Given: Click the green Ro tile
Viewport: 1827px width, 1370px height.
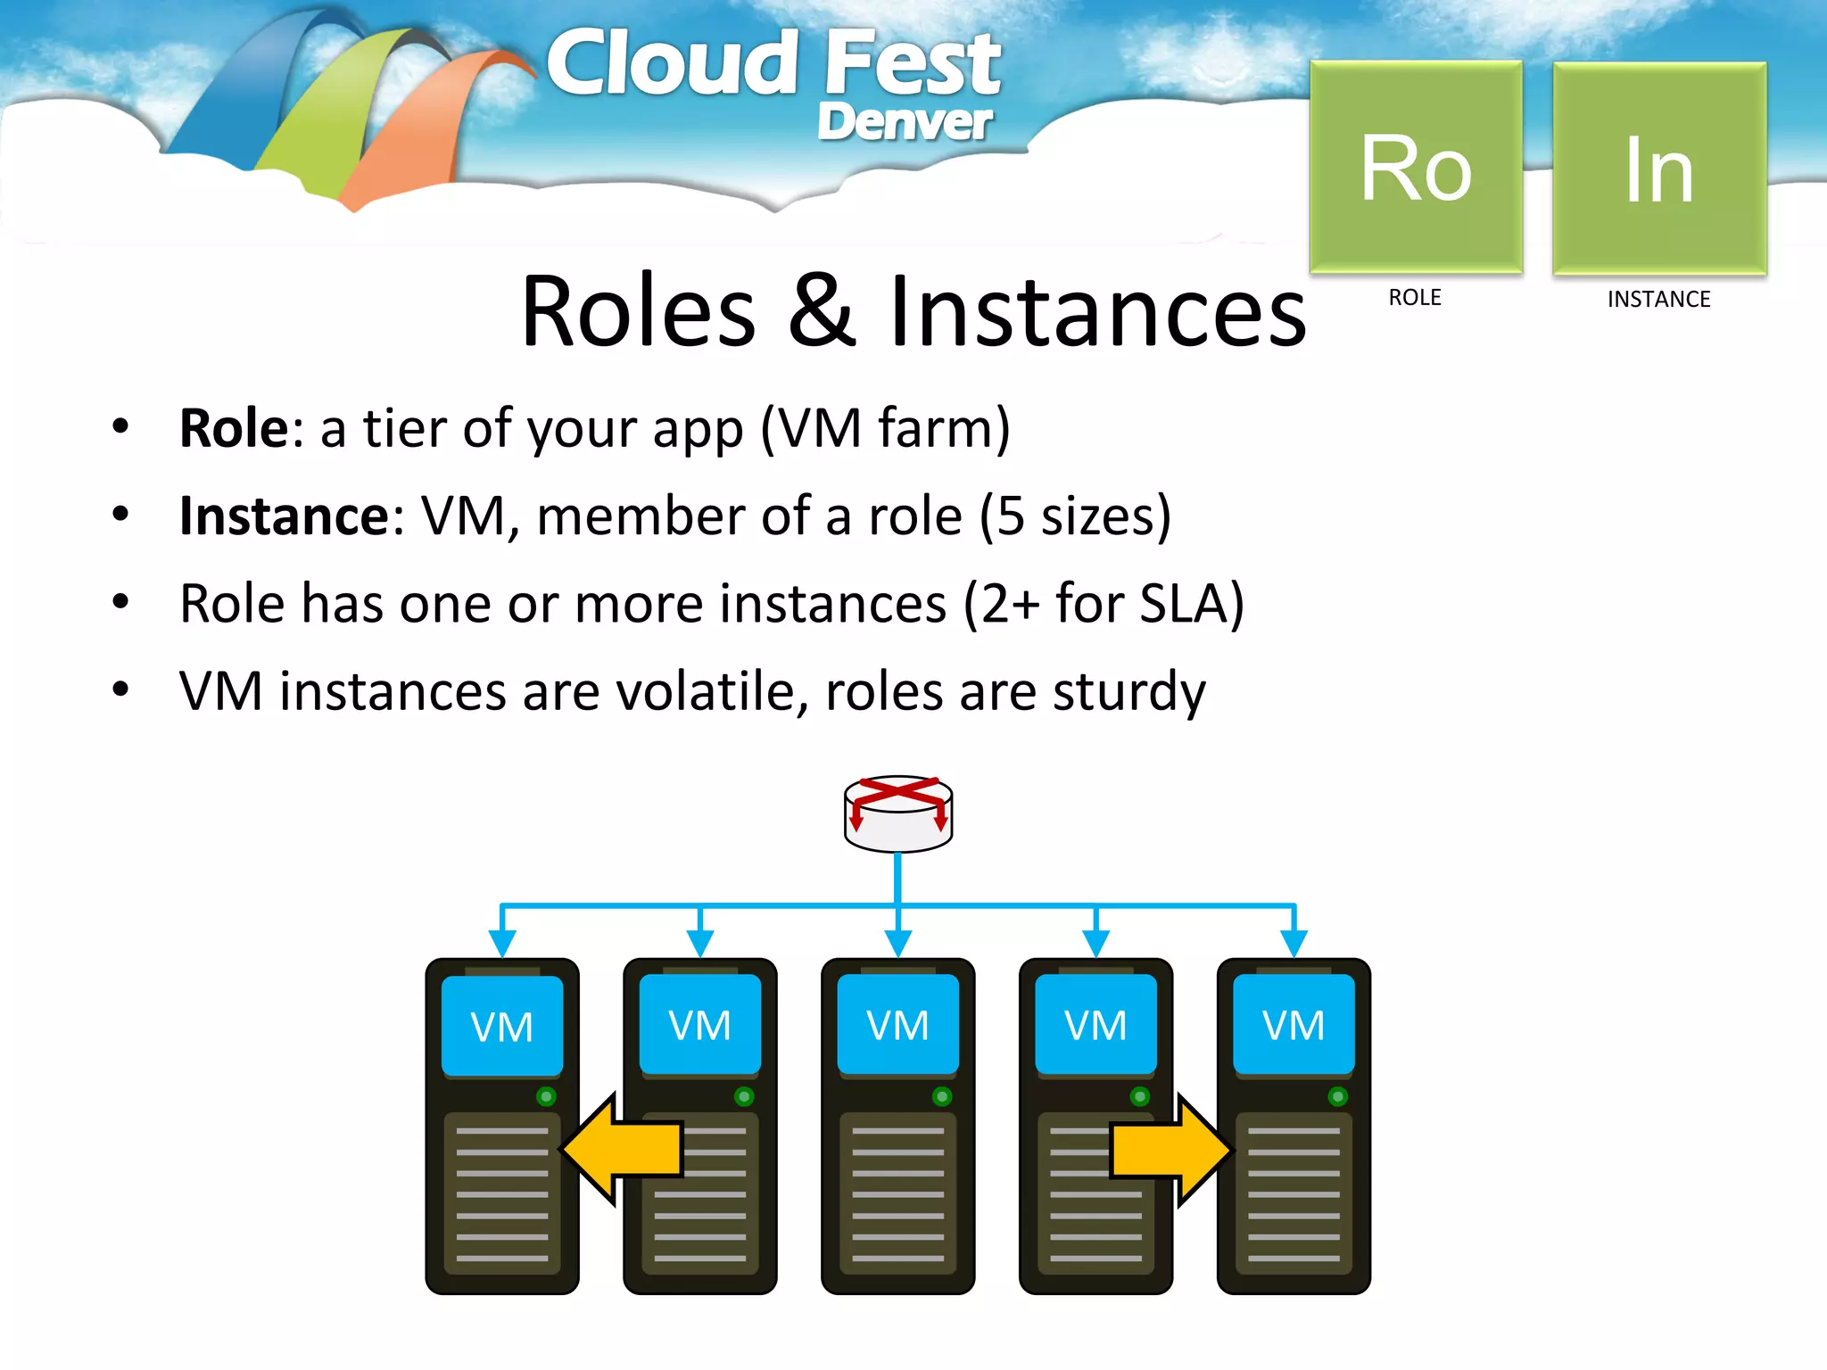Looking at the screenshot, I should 1416,167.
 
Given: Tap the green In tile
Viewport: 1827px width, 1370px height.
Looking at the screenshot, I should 1659,169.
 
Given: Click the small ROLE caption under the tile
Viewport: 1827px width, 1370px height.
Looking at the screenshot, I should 1414,297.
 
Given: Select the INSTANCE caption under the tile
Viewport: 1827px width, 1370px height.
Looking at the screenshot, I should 1658,299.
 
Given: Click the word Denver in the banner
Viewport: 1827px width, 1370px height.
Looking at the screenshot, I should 904,122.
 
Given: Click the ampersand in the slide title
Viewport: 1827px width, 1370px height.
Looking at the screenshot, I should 823,311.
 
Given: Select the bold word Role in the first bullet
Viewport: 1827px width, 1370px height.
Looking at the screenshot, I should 234,428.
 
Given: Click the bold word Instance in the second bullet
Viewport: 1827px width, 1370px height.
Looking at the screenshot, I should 284,516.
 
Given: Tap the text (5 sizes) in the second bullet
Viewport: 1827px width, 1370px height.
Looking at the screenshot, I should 1075,516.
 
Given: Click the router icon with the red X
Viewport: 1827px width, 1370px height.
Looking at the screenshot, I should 898,813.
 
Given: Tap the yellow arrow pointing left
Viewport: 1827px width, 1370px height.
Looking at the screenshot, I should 623,1149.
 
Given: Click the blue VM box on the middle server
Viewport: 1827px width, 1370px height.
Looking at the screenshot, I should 897,1025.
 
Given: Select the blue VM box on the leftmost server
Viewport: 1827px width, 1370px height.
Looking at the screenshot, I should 502,1026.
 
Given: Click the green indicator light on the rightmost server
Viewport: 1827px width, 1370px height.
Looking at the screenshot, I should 1337,1096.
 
